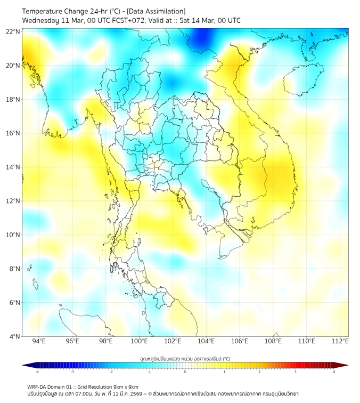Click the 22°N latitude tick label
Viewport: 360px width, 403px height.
tap(13, 32)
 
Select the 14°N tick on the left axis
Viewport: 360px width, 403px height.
tap(13, 167)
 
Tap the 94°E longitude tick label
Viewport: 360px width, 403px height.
tap(39, 341)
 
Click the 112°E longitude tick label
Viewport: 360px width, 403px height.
tap(340, 341)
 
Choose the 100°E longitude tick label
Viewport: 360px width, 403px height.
tap(139, 341)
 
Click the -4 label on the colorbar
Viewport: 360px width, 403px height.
tap(36, 372)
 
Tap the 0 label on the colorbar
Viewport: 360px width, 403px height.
tap(185, 372)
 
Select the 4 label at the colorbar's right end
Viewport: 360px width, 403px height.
tap(334, 372)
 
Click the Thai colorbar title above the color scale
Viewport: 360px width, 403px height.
tap(185, 359)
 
